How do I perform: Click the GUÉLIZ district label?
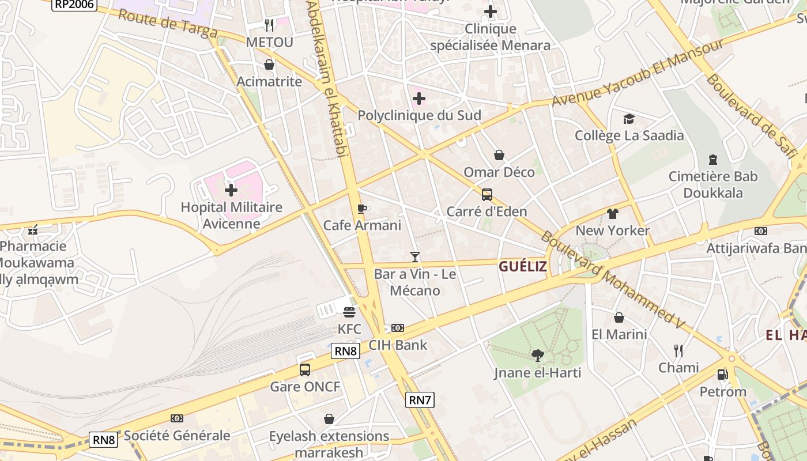522,266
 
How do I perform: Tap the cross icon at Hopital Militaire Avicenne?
231,190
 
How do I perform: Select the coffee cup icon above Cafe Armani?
362,209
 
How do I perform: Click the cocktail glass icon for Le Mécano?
414,256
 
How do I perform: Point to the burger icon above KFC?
349,312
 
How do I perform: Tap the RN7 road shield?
420,399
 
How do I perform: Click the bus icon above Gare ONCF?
305,369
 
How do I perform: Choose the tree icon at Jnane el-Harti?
537,356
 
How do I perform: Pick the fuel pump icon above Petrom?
722,375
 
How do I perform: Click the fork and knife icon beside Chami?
678,350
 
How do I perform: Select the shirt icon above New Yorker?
612,214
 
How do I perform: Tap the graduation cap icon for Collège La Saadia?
629,119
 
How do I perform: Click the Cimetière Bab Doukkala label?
713,184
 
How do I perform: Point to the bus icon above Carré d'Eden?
487,195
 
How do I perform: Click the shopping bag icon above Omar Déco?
499,155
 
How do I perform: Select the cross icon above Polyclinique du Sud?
419,99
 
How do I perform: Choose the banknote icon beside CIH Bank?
398,328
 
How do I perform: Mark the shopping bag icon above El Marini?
619,318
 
